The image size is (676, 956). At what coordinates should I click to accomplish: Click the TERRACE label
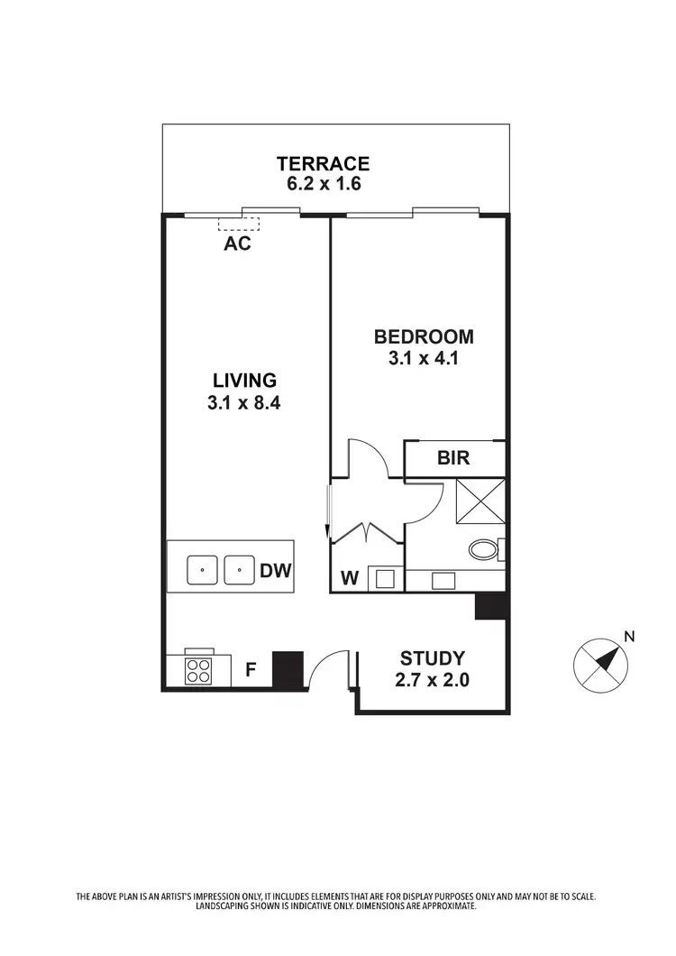click(x=323, y=163)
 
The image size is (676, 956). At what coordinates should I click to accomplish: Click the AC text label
click(x=237, y=244)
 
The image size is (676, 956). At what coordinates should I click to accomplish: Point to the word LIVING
click(x=244, y=380)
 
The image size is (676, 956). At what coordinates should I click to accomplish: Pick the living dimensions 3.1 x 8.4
click(x=244, y=403)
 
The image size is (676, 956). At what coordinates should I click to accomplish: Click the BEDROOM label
click(x=424, y=337)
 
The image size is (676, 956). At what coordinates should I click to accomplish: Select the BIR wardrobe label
click(x=453, y=458)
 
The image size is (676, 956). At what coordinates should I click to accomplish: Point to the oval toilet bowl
click(x=485, y=549)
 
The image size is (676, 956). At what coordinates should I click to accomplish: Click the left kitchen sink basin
click(x=203, y=570)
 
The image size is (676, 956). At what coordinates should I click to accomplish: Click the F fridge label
click(x=251, y=670)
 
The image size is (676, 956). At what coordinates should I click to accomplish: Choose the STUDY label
click(x=433, y=657)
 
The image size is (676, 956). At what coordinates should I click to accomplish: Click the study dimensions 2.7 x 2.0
click(x=433, y=680)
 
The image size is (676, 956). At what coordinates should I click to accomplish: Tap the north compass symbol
click(x=600, y=666)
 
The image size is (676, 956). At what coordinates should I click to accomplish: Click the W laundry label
click(x=350, y=578)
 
